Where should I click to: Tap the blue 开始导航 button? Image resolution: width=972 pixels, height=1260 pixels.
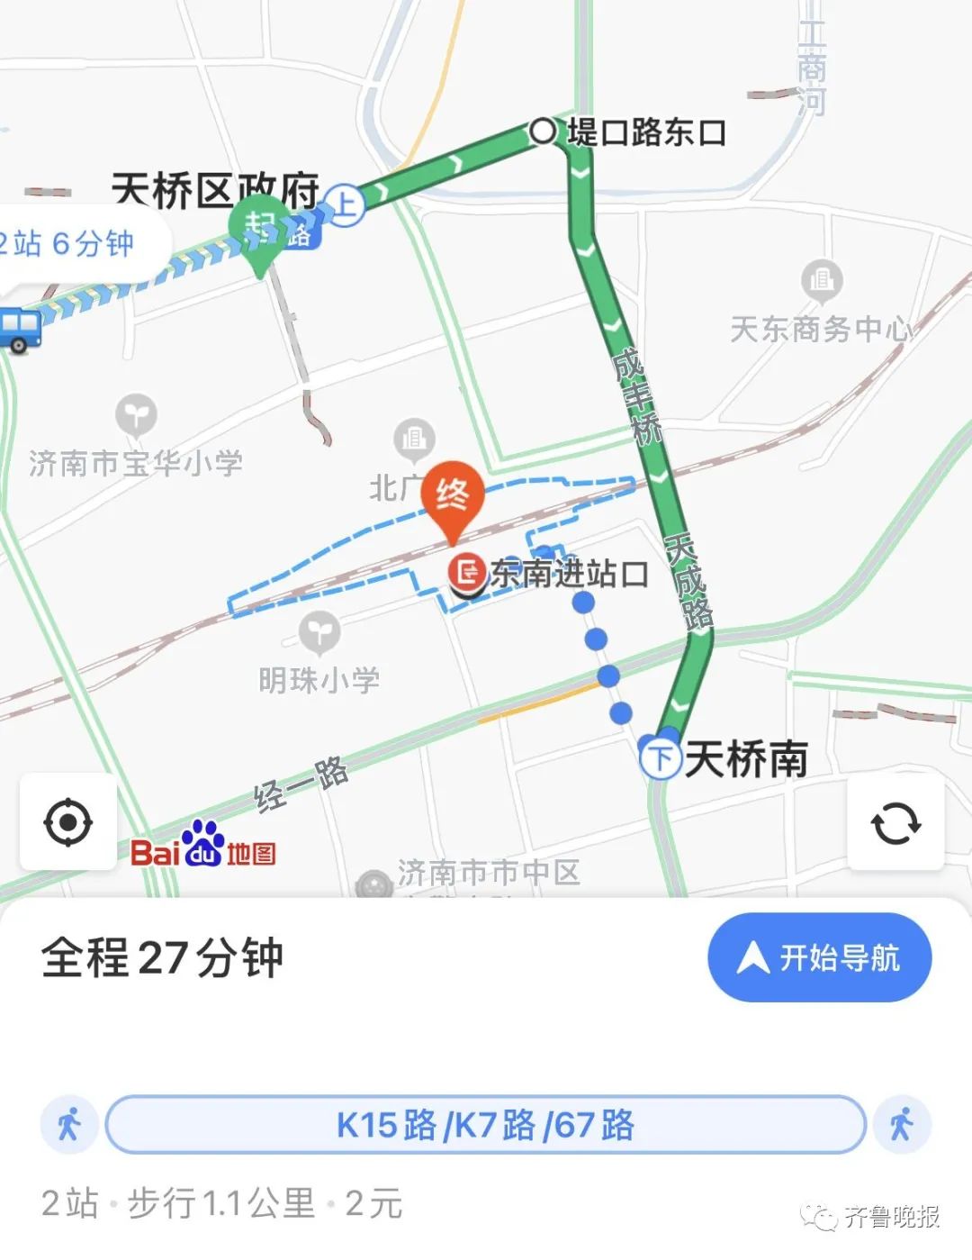819,957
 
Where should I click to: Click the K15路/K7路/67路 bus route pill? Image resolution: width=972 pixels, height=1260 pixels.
485,1125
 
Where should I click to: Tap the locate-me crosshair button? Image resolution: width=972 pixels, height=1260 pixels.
67,822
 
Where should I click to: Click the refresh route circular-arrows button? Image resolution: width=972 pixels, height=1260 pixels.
895,822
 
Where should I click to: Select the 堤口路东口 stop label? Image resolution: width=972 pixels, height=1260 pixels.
646,132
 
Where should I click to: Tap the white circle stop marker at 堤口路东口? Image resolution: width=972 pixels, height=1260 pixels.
543,131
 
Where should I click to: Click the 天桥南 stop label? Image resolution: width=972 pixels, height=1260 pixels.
746,758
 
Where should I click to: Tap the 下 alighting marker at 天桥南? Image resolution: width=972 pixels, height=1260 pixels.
661,757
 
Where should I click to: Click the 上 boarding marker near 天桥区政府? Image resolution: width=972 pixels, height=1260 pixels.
345,204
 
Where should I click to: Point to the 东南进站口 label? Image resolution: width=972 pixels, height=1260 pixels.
569,573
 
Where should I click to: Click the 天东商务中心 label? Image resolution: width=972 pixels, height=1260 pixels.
821,329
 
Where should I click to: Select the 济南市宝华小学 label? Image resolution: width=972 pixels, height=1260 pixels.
136,463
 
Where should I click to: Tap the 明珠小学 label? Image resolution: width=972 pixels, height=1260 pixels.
319,679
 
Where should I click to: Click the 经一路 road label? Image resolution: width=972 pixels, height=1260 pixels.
301,784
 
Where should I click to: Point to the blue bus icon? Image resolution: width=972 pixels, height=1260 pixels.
19,330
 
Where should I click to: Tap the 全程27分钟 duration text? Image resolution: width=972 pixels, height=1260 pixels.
162,957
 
